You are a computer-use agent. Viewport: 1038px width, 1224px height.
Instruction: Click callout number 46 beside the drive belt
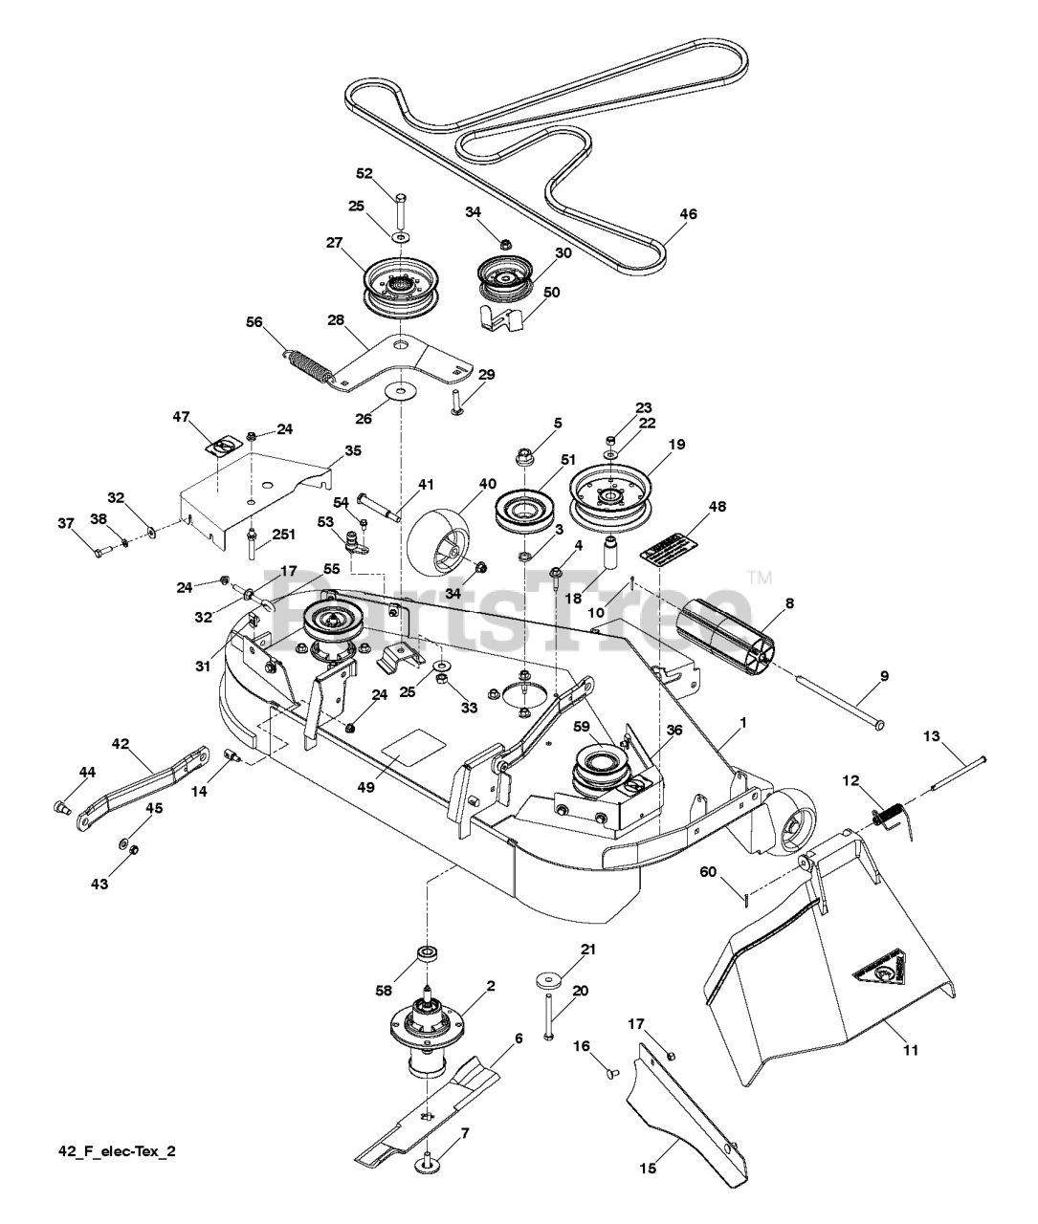point(688,214)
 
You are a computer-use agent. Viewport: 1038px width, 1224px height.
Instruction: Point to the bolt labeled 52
point(399,205)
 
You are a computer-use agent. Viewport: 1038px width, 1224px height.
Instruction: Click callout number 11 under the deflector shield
point(910,1050)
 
